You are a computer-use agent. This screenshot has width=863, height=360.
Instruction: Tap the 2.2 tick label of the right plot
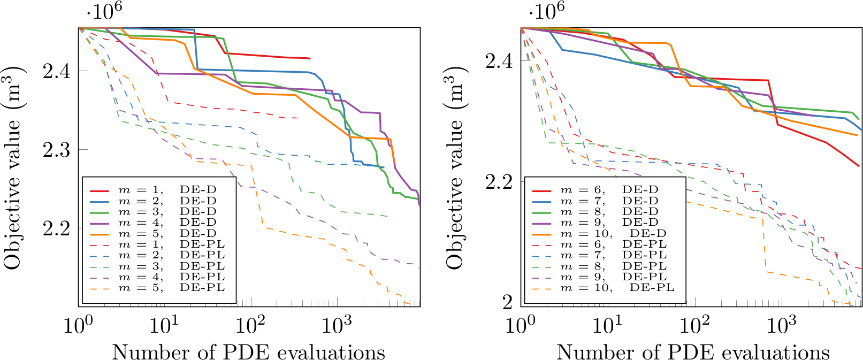[x=499, y=182]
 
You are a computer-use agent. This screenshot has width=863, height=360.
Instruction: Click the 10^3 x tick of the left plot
[x=338, y=324]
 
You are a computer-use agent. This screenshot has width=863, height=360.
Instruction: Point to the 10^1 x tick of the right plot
[x=608, y=324]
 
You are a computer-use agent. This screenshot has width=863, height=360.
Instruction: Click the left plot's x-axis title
[x=249, y=352]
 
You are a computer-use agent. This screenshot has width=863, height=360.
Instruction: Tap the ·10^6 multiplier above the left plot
[x=101, y=11]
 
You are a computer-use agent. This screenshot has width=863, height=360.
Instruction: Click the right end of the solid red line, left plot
[x=310, y=58]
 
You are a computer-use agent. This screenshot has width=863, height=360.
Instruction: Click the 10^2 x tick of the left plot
[x=250, y=324]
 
